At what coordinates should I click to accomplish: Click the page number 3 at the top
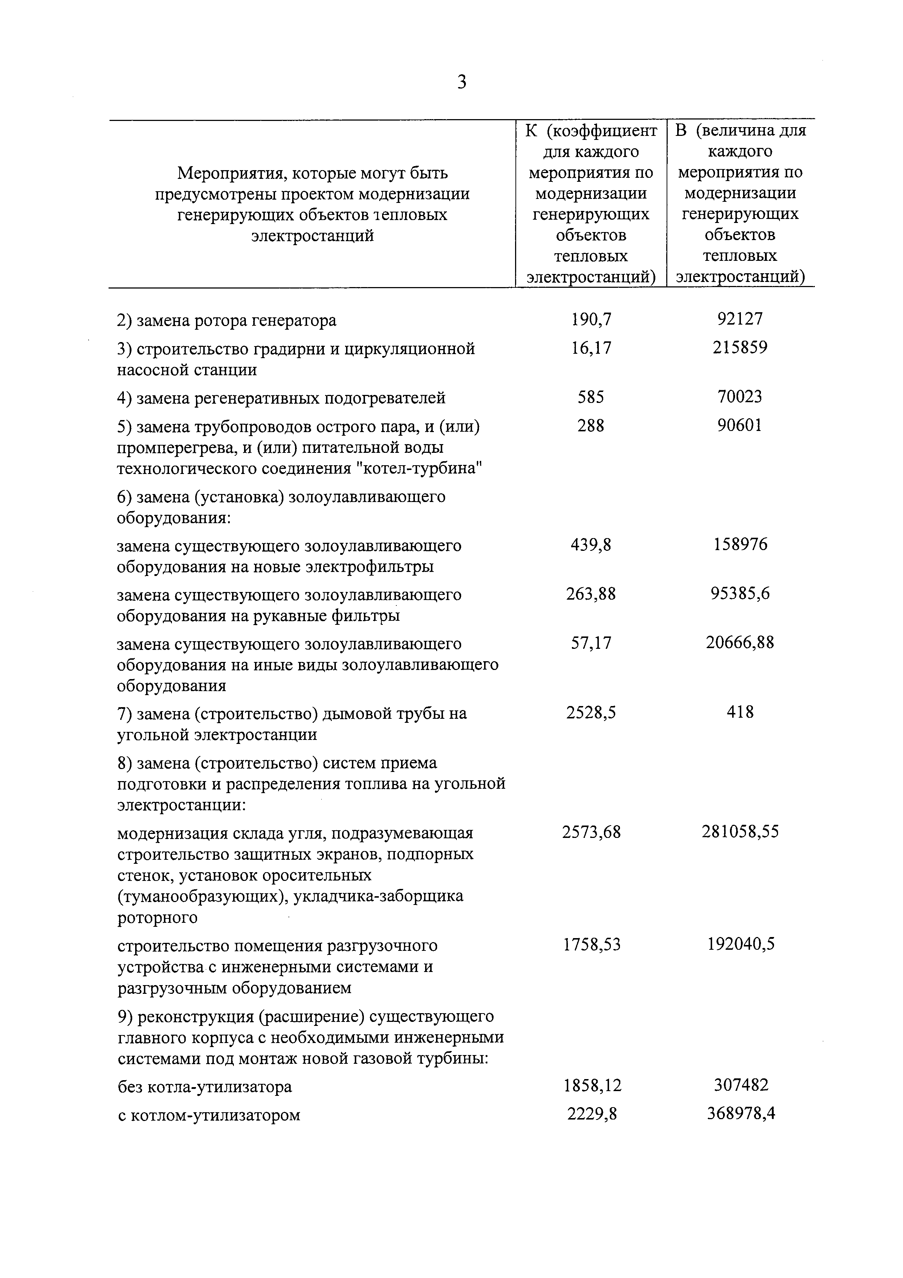click(x=461, y=82)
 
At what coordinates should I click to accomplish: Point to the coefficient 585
click(x=591, y=397)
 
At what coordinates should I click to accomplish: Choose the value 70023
click(x=740, y=397)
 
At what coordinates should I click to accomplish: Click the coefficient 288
click(x=591, y=426)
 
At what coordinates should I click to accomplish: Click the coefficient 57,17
click(x=591, y=643)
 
